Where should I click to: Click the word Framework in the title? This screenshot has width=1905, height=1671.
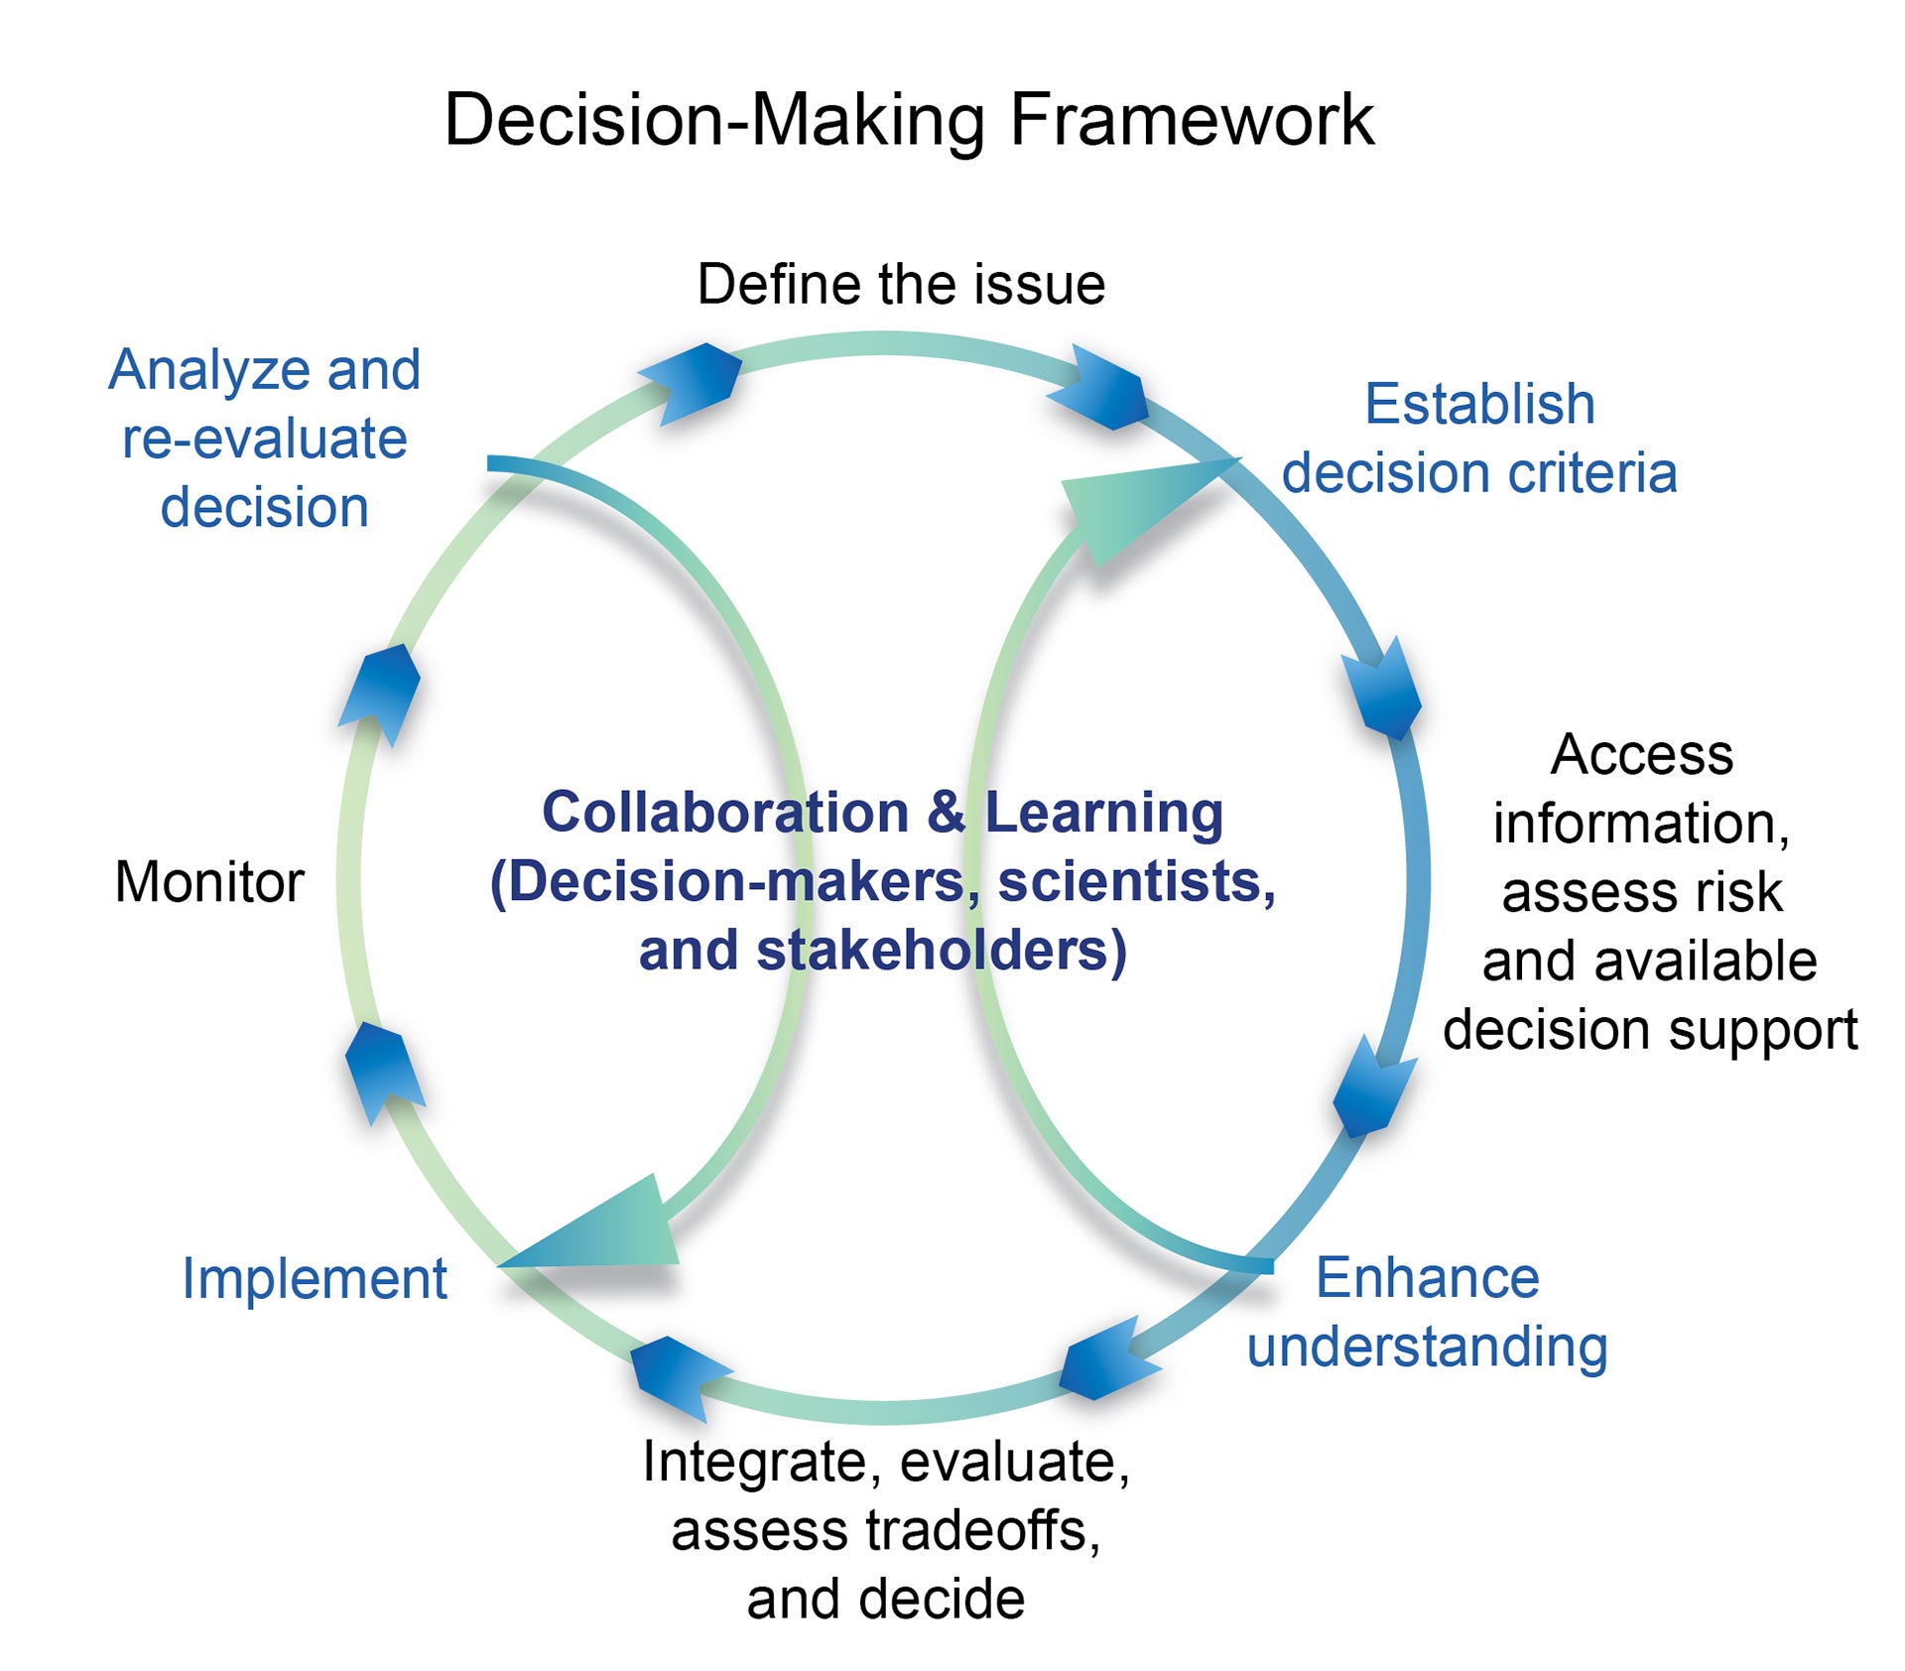(1192, 120)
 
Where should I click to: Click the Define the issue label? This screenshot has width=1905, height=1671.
(901, 285)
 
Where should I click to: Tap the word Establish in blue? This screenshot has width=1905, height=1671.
(1479, 404)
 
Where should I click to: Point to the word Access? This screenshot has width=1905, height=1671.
(1642, 755)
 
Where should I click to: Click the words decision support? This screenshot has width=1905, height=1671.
(1650, 1031)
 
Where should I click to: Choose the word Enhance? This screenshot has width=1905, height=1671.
(1427, 1277)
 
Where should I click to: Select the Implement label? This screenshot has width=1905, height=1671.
(315, 1280)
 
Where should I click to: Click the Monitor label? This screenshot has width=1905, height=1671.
(209, 881)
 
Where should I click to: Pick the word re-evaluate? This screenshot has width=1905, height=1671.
(264, 440)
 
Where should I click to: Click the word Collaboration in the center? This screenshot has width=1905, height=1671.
(725, 813)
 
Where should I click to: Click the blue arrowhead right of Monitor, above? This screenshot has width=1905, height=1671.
(379, 694)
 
